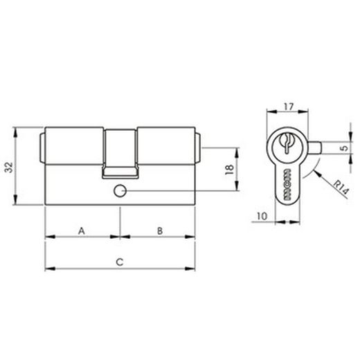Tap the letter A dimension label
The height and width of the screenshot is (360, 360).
click(82, 230)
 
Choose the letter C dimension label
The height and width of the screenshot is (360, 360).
click(120, 261)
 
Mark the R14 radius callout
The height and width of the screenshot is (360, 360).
click(337, 188)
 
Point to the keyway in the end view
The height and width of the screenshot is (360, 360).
click(285, 145)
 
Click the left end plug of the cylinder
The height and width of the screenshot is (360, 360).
click(43, 147)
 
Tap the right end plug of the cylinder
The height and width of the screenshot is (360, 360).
click(199, 147)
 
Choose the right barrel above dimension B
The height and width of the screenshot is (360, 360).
click(166, 147)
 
